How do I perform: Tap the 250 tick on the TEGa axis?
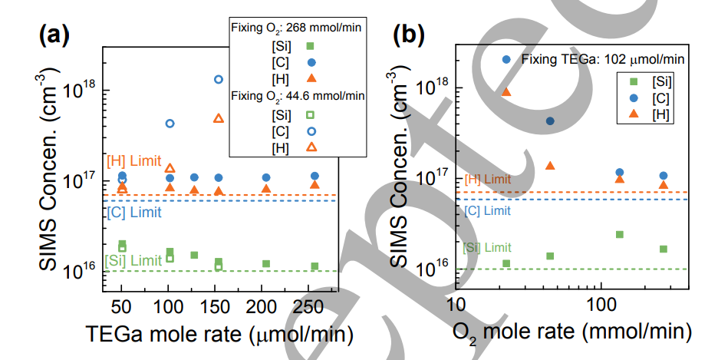(315, 307)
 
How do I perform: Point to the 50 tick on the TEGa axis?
(122, 307)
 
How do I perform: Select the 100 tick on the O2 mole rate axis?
(600, 309)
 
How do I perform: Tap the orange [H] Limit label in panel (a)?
(134, 160)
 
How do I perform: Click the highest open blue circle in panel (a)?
(219, 79)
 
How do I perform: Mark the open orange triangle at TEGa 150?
(219, 119)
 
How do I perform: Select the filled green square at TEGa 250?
(315, 266)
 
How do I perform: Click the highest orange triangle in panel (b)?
(506, 92)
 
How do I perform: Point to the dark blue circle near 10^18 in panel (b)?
(550, 121)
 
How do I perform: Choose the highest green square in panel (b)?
(620, 234)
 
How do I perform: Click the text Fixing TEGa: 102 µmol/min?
(602, 58)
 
